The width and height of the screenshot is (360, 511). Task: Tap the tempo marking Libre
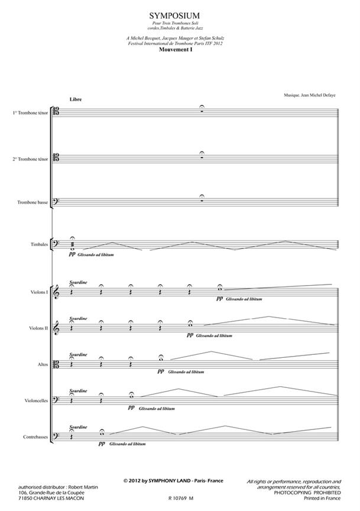pos(75,99)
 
